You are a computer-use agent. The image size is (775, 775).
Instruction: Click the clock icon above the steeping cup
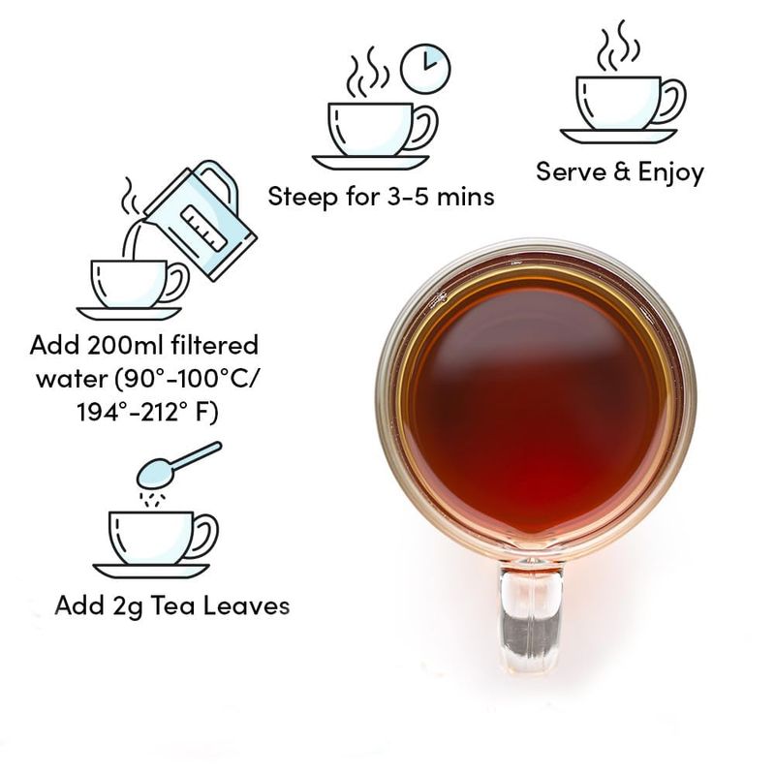click(x=425, y=69)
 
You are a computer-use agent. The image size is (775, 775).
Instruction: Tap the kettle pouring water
click(x=201, y=220)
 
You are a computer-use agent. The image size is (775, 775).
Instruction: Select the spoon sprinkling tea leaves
click(x=178, y=465)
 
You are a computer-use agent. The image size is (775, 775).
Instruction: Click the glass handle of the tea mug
click(x=531, y=618)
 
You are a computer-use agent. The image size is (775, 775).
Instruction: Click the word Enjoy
click(x=670, y=173)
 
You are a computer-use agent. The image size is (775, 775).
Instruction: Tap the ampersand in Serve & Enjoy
click(x=622, y=171)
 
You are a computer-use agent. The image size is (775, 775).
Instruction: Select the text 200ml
click(x=124, y=345)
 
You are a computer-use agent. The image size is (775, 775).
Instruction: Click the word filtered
click(x=214, y=345)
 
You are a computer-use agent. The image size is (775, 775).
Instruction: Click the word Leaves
click(x=247, y=605)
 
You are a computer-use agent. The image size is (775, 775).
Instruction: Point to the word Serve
click(x=572, y=172)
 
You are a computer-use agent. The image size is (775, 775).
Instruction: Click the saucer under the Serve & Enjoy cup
click(x=618, y=136)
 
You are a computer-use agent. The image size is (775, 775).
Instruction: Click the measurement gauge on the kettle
click(x=204, y=228)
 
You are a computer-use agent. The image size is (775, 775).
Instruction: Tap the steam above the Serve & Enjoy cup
click(x=618, y=46)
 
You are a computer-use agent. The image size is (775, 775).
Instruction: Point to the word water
click(x=72, y=380)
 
